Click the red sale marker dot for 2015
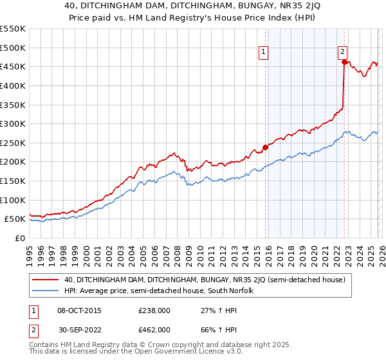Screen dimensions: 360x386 pyautogui.click(x=265, y=147)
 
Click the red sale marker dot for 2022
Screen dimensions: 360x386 pyautogui.click(x=344, y=62)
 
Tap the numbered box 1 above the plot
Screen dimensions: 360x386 pyautogui.click(x=264, y=53)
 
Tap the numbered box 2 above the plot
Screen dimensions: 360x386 pyautogui.click(x=343, y=53)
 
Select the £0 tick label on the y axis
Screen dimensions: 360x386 pyautogui.click(x=21, y=238)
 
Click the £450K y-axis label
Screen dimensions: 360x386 pyautogui.click(x=12, y=66)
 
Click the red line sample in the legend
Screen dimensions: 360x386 pyautogui.click(x=46, y=280)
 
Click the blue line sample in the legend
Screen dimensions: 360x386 pyautogui.click(x=46, y=291)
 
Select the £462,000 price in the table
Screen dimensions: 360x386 pyautogui.click(x=154, y=329)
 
